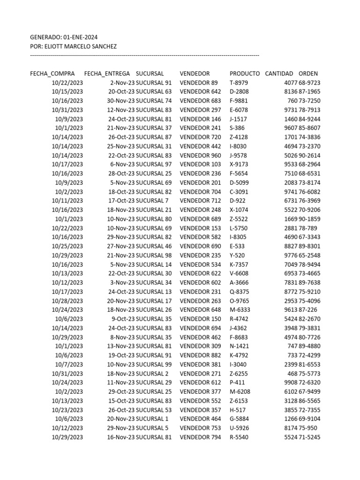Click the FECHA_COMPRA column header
click(52, 74)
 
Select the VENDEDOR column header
click(195, 74)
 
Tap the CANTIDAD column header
click(279, 74)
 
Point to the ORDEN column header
click(308, 74)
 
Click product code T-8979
click(239, 83)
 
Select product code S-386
click(237, 128)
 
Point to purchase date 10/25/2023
click(67, 246)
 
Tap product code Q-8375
click(239, 292)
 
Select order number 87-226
click(308, 310)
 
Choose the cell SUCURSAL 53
click(154, 410)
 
